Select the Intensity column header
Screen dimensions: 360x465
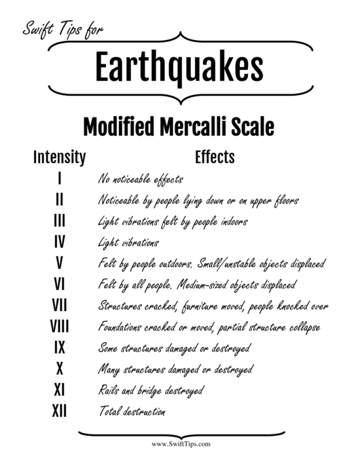(x=59, y=158)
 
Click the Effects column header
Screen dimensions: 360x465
(x=215, y=157)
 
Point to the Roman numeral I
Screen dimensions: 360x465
(x=59, y=179)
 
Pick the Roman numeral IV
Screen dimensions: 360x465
(x=59, y=242)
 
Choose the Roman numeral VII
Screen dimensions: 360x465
(x=59, y=305)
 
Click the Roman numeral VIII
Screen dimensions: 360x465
(x=59, y=326)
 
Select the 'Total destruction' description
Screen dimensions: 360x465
(x=132, y=411)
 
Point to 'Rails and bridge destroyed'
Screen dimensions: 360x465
(x=151, y=390)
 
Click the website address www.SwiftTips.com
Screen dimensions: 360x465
(x=180, y=444)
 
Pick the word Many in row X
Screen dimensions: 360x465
(x=109, y=369)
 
